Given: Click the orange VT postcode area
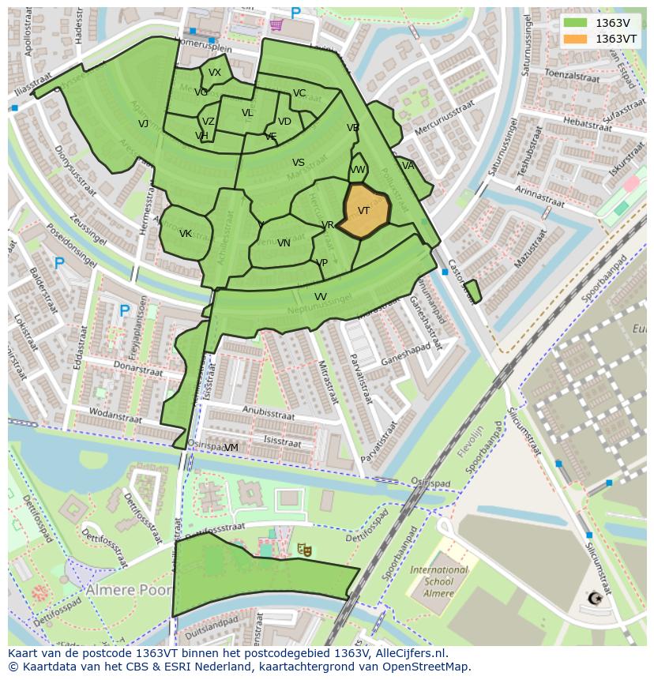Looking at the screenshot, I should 366,211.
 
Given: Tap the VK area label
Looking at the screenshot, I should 186,234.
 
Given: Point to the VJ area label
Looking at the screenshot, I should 143,124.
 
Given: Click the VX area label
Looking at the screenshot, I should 215,73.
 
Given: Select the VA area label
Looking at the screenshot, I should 408,166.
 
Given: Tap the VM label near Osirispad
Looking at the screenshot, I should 231,448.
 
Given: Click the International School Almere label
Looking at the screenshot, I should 438,581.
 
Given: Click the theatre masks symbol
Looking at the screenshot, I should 303,548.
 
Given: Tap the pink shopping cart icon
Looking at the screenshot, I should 276,24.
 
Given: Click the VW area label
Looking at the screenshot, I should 358,170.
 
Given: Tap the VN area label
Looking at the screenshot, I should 284,243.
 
